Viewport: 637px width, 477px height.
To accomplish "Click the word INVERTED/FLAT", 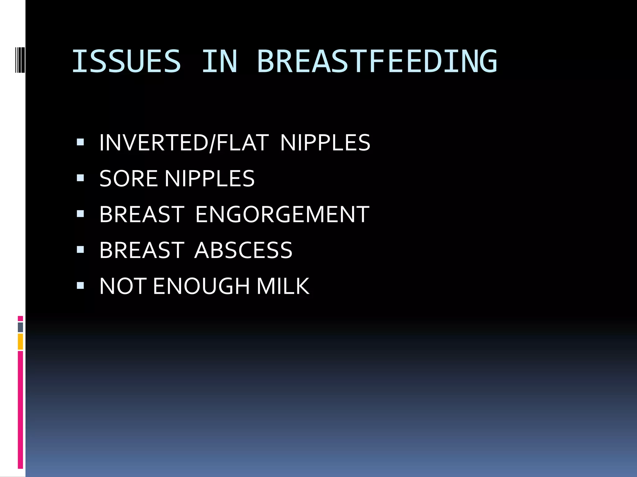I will click(x=184, y=143).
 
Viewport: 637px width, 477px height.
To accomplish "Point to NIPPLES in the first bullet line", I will click(x=325, y=143).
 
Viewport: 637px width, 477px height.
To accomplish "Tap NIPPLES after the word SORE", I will click(x=209, y=179).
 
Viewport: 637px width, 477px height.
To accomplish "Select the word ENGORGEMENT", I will click(x=282, y=214).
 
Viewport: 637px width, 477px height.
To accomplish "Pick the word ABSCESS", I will click(x=243, y=250).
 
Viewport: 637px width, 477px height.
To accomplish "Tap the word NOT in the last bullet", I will click(x=123, y=286).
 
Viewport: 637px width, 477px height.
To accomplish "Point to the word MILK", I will click(x=283, y=286).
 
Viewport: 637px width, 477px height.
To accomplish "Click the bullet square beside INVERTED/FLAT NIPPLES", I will click(x=80, y=142).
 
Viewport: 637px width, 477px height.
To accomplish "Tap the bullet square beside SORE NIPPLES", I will click(x=80, y=178).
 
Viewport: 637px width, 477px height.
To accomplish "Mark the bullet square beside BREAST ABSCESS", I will click(x=80, y=250).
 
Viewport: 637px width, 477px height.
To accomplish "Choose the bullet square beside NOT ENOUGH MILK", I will click(x=80, y=285).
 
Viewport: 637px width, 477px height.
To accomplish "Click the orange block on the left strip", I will click(x=20, y=342).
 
